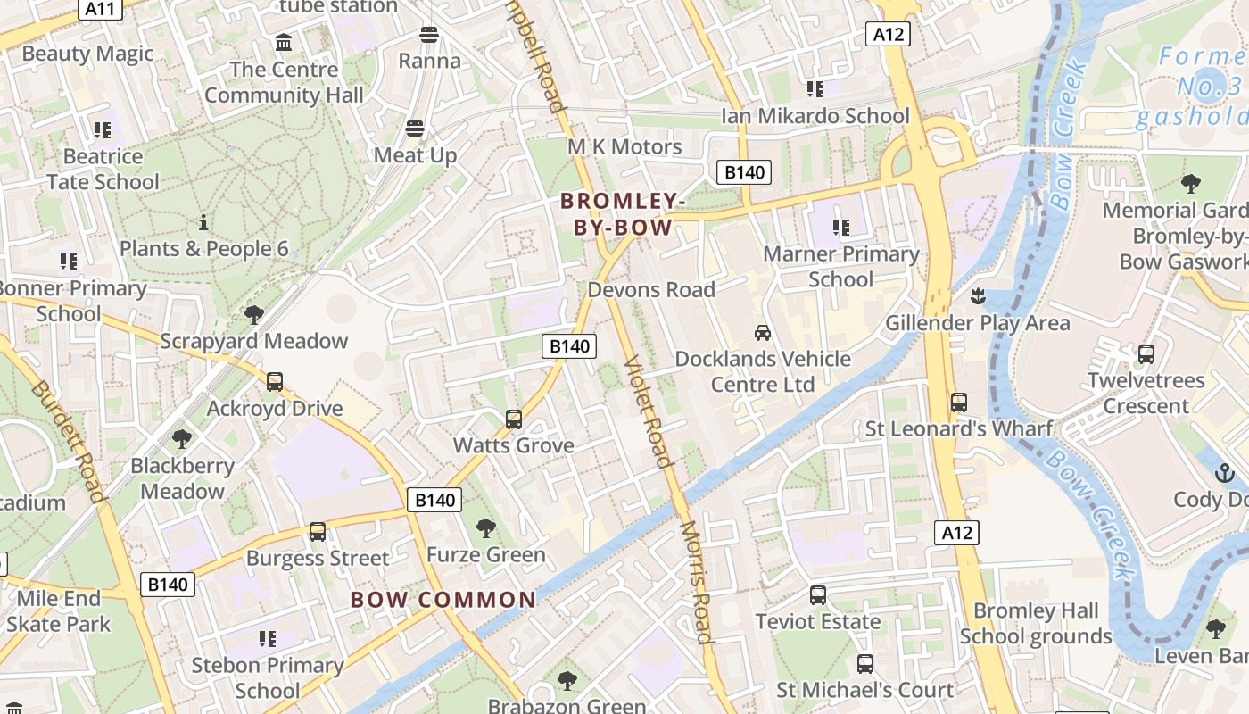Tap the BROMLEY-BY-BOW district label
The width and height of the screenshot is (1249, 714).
(x=623, y=214)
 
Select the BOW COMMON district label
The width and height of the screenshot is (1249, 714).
(x=443, y=600)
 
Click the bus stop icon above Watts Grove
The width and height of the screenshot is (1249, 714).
(x=513, y=419)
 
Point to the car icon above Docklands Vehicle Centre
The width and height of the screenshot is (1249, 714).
(x=762, y=332)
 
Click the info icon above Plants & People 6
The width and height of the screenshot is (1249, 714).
(x=203, y=222)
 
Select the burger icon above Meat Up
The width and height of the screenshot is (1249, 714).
(x=414, y=128)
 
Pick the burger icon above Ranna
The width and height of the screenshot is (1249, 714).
(x=429, y=35)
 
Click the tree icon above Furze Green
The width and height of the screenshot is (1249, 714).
(x=485, y=528)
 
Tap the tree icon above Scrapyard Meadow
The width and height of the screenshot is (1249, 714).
(x=253, y=314)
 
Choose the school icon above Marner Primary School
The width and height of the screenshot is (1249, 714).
(x=840, y=228)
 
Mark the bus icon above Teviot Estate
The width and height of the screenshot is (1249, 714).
(x=817, y=595)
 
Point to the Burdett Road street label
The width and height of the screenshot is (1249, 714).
(x=70, y=442)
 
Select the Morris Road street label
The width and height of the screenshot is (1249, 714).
(x=697, y=581)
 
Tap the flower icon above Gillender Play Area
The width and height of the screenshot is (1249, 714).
(x=978, y=295)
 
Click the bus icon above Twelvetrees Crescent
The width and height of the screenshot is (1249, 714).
(x=1146, y=354)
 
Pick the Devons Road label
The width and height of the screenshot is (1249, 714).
(x=651, y=290)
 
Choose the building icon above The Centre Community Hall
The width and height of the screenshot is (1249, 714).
(x=284, y=42)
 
